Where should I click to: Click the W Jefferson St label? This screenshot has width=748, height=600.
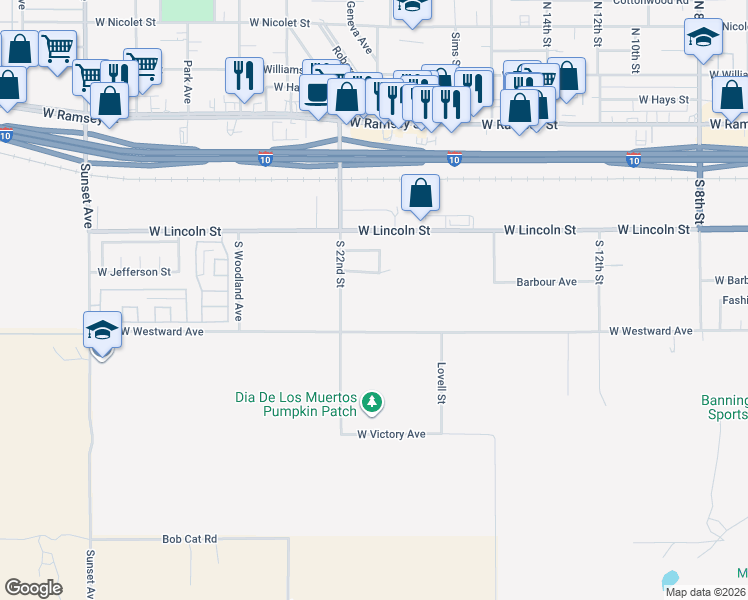point(134,271)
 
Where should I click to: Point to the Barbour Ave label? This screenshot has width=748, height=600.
point(546,282)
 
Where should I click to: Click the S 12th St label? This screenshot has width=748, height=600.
point(598,262)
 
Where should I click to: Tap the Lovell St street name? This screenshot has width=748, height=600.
point(440,383)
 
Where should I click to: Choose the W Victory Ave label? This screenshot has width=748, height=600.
point(392,434)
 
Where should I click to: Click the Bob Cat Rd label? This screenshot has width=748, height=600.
point(190,539)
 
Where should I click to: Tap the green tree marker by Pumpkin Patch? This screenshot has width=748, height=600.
point(372,403)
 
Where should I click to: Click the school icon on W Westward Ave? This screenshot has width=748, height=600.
point(101,331)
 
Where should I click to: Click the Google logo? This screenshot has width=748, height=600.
point(33,587)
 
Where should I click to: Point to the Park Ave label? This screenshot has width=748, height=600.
point(187,82)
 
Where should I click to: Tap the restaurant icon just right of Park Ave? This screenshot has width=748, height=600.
point(244,74)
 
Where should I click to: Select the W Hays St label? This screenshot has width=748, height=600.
point(663,100)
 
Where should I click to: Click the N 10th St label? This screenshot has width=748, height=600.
point(635,51)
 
